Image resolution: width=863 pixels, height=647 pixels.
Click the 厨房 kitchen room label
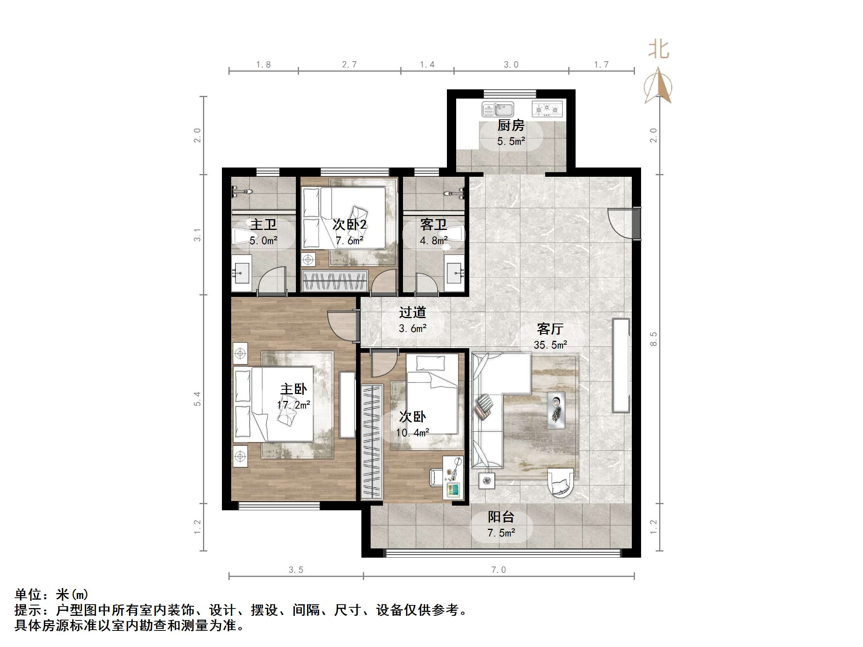pos(511,126)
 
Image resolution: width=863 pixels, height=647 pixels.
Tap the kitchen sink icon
pos(498,109)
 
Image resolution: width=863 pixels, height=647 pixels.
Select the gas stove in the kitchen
pos(547,109)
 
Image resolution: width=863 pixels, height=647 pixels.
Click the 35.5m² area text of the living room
pos(550,345)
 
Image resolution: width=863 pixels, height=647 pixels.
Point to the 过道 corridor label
pos(412,312)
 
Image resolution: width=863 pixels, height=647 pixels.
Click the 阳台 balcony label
pos(501,517)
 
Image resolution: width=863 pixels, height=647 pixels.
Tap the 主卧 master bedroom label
pos(294,389)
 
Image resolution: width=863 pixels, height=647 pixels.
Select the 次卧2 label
pos(349,225)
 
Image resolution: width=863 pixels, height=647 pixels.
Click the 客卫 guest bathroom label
pos(433,225)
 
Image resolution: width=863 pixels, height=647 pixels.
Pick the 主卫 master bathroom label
pos(264,225)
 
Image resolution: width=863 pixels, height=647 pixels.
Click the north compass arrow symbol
pos(658,86)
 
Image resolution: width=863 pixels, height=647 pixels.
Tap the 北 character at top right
pos(658,50)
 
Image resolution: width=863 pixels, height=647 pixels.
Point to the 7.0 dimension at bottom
pos(498,570)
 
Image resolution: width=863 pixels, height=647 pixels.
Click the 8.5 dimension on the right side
pos(653,339)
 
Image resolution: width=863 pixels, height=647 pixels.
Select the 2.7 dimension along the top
pos(349,64)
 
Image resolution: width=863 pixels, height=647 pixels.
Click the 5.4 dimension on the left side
pos(197,399)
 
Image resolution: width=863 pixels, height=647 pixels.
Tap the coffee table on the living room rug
pos(556,410)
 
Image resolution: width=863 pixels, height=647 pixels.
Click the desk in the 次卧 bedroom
pos(453,477)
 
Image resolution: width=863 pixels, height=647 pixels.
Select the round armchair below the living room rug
pos(560,483)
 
